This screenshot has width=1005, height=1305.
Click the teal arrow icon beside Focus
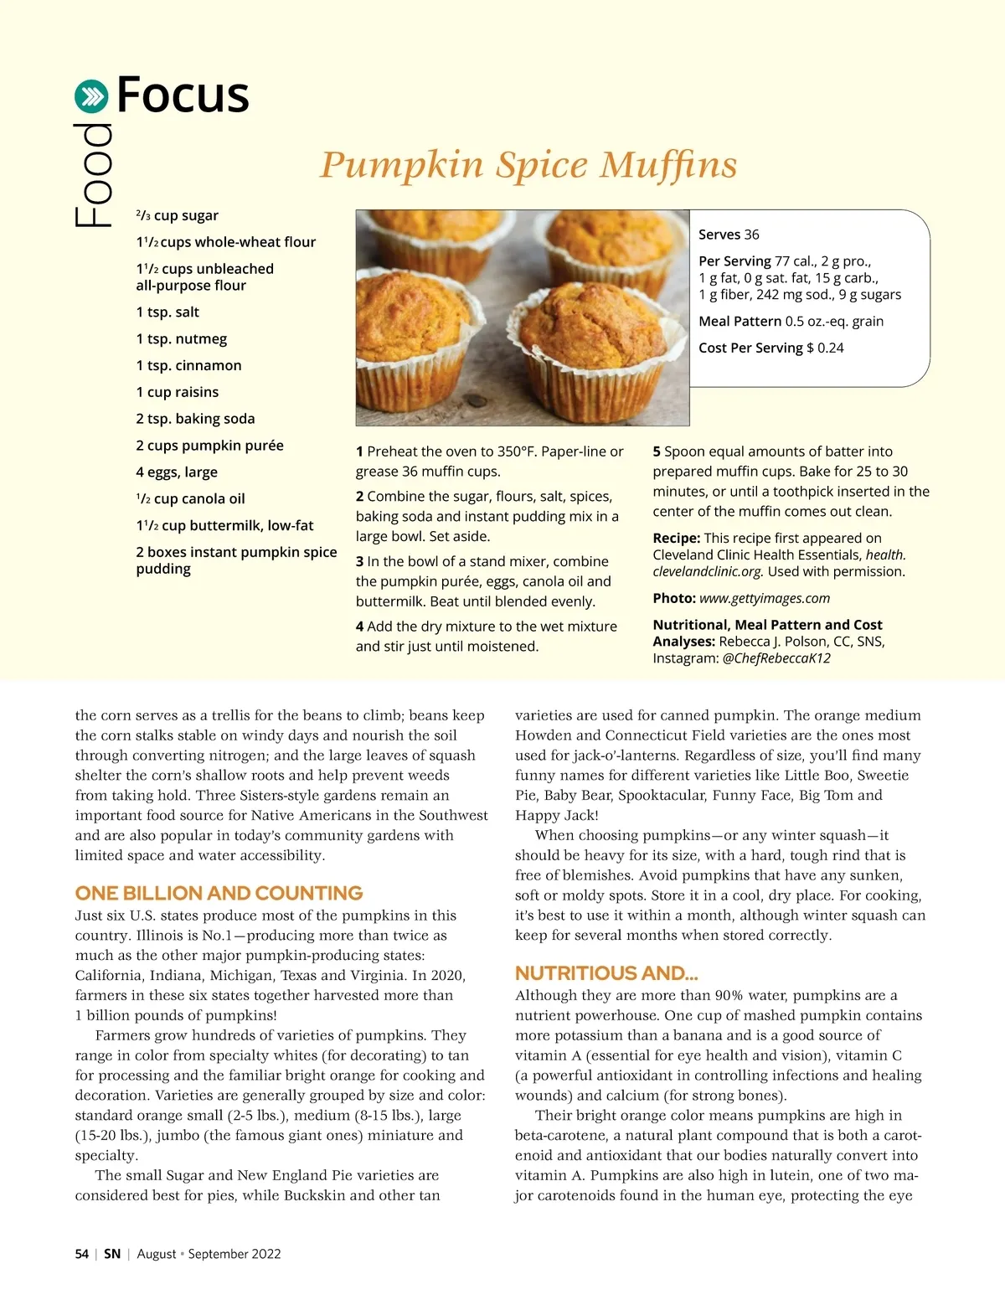pyautogui.click(x=91, y=96)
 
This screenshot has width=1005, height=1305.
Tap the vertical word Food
pyautogui.click(x=94, y=176)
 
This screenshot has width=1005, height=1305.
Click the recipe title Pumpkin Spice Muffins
pyautogui.click(x=528, y=164)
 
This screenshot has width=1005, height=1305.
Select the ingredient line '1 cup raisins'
pyautogui.click(x=177, y=392)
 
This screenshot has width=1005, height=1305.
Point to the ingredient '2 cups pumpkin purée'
pyautogui.click(x=209, y=446)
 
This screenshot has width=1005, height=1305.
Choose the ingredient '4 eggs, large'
pyautogui.click(x=177, y=472)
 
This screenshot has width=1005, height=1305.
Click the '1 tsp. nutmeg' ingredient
pyautogui.click(x=181, y=339)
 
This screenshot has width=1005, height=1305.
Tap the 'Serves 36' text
pyautogui.click(x=729, y=235)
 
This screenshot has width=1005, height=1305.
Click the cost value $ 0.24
pyautogui.click(x=825, y=348)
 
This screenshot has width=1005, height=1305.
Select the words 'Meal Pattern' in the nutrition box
pyautogui.click(x=740, y=322)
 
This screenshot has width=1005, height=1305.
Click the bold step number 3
pyautogui.click(x=359, y=561)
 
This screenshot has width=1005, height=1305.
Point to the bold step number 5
pyautogui.click(x=657, y=451)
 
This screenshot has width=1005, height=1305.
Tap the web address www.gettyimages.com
pyautogui.click(x=764, y=598)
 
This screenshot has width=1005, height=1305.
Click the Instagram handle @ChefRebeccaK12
pyautogui.click(x=776, y=658)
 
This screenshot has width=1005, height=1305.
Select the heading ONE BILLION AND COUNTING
pyautogui.click(x=219, y=893)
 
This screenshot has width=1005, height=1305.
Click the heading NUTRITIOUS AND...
pyautogui.click(x=606, y=973)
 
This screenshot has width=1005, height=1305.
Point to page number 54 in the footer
pyautogui.click(x=81, y=1254)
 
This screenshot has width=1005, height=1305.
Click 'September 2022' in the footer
pyautogui.click(x=234, y=1254)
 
